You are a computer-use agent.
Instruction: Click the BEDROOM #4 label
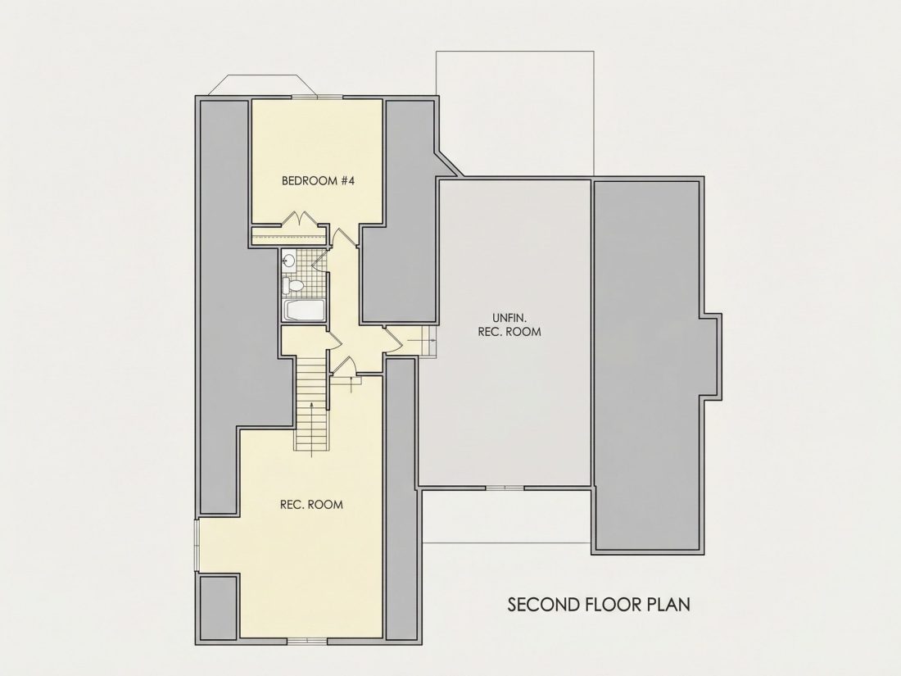click(319, 180)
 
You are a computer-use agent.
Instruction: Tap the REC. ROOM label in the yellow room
click(311, 505)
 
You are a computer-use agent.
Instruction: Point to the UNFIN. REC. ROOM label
click(509, 324)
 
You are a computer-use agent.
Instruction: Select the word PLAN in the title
click(668, 604)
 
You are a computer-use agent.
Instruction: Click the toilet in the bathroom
click(293, 285)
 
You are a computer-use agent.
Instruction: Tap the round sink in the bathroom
click(288, 261)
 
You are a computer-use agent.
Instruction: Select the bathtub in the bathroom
click(304, 311)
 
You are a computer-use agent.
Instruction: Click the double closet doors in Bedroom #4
click(299, 219)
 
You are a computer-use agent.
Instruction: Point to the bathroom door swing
click(319, 261)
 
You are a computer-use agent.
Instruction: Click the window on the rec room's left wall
click(197, 545)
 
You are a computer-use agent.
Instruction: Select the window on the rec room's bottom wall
click(307, 641)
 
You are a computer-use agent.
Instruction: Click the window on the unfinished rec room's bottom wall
click(505, 488)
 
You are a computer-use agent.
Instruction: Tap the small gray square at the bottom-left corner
click(219, 608)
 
